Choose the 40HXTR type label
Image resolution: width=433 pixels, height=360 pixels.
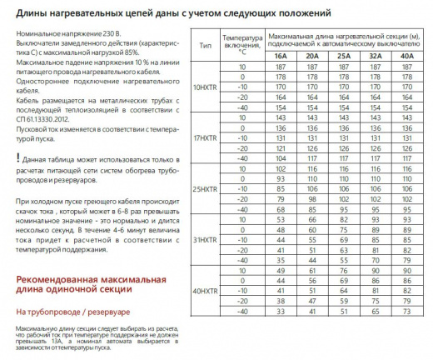coord(204,289)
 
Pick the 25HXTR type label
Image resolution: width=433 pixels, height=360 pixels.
coord(204,188)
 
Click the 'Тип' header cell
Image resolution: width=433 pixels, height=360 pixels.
coord(204,44)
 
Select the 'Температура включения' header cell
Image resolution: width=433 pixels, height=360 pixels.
coord(241,44)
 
